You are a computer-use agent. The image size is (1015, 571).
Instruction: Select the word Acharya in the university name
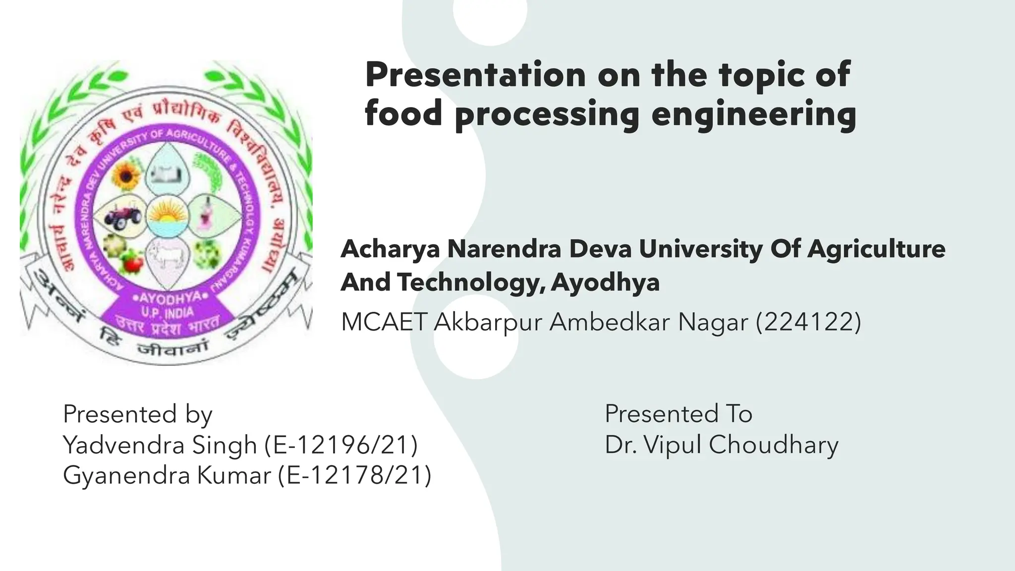[390, 249]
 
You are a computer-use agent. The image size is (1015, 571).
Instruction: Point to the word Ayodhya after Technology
[605, 283]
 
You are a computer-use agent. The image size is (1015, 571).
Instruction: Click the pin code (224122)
[808, 322]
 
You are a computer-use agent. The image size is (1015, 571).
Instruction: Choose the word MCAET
[384, 322]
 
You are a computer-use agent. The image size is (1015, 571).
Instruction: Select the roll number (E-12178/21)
[354, 475]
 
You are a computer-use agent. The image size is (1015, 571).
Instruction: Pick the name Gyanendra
[126, 475]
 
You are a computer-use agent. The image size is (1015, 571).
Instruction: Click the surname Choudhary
[773, 445]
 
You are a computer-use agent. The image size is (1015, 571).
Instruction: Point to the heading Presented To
[678, 414]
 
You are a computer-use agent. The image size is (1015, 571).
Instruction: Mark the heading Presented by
[137, 414]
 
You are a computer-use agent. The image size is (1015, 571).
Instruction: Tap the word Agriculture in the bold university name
[876, 249]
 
